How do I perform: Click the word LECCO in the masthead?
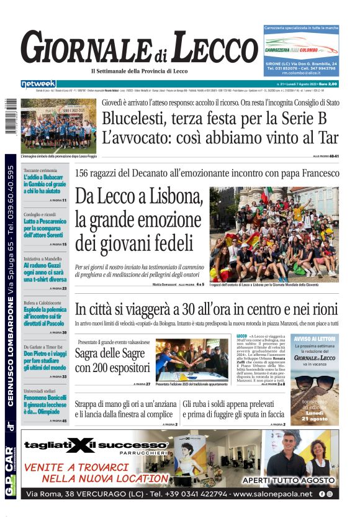(x=206, y=48)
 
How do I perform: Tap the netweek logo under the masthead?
(x=38, y=84)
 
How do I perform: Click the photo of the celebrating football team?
(x=58, y=125)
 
